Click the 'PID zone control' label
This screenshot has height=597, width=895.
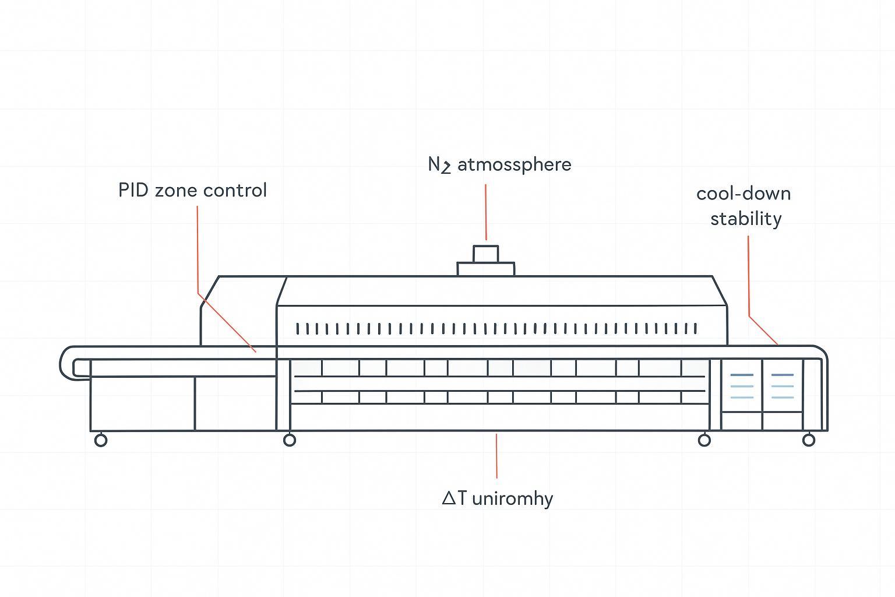[x=192, y=191]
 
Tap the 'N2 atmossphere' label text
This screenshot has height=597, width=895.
[x=499, y=165]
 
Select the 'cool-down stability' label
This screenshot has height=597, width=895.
[x=744, y=206]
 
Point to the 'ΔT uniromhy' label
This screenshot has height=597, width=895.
[x=498, y=498]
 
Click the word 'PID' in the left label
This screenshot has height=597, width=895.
[x=133, y=191]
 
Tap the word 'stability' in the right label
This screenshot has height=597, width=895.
[x=746, y=219]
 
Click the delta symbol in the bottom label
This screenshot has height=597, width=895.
[x=449, y=498]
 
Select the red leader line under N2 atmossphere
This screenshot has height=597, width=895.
[x=485, y=212]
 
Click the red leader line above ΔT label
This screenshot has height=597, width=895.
[x=496, y=456]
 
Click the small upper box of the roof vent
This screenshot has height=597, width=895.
[x=485, y=254]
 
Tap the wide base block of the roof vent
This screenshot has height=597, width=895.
[x=485, y=269]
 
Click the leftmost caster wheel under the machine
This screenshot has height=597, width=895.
[x=101, y=440]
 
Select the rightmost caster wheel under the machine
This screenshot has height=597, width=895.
[x=809, y=440]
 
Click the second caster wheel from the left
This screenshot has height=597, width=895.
[x=290, y=440]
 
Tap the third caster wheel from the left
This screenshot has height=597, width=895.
[x=704, y=440]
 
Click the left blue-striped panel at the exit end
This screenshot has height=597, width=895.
[x=741, y=386]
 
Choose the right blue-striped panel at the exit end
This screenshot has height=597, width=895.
[x=782, y=386]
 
